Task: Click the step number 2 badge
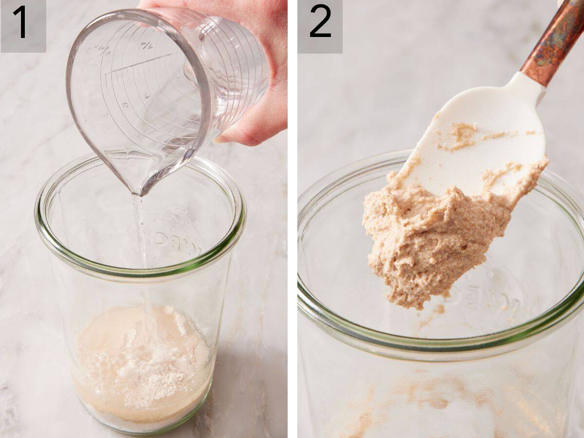click(x=320, y=24)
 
